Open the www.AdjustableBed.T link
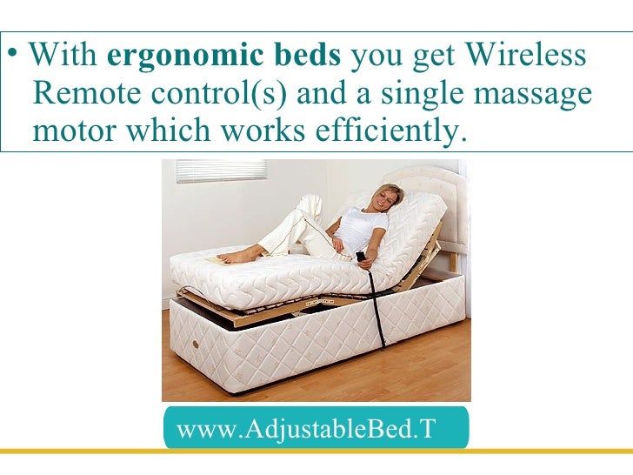tap(305, 429)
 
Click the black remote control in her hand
tap(360, 256)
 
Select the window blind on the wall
tap(208, 171)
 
